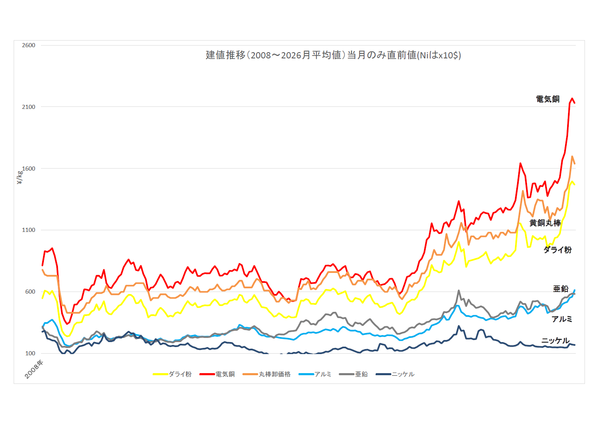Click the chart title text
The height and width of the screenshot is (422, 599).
pos(333,55)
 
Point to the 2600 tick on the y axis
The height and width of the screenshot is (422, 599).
pos(29,45)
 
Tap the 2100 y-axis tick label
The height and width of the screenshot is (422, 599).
pos(29,107)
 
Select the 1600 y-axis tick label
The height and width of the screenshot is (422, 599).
pos(29,169)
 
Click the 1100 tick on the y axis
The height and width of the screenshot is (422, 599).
pos(29,230)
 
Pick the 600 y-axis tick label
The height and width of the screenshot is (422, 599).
pos(30,292)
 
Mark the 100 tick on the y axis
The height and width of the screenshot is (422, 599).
pos(30,353)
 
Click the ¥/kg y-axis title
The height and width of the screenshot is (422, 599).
pos(19,177)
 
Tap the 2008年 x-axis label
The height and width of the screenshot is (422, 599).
pos(34,369)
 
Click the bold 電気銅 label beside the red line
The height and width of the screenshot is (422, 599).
pos(548,99)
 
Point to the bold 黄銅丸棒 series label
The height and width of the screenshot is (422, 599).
pos(545,223)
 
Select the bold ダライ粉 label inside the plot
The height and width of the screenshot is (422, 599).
pos(557,250)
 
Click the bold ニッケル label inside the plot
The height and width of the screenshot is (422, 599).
pos(556,341)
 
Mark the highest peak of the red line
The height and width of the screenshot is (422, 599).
pos(572,99)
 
